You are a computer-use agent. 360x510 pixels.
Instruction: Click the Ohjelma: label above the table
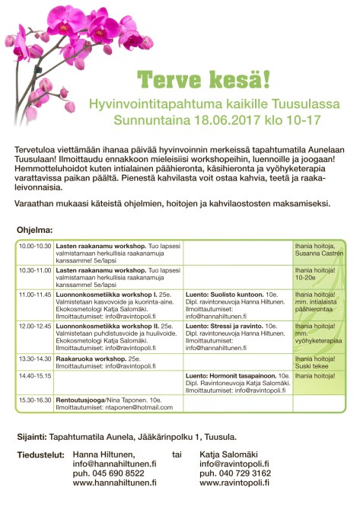[x=34, y=229]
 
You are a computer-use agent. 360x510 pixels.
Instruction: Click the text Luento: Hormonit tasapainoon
[x=231, y=375]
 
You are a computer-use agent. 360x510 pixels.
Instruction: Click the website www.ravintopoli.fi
[x=234, y=483]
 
